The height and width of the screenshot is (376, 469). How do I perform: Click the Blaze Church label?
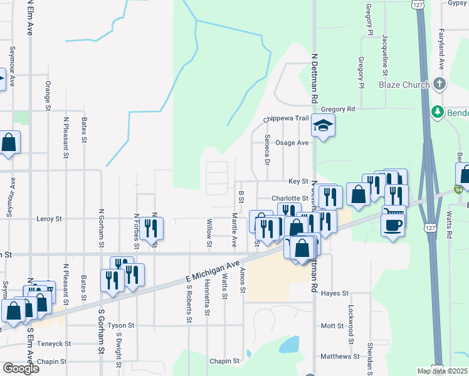(x=404, y=85)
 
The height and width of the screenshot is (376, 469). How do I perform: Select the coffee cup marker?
(x=393, y=225)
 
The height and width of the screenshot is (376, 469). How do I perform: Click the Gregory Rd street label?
(x=338, y=108)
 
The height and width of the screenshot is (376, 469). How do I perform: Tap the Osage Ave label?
(x=293, y=143)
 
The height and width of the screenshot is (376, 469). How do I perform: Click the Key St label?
(x=298, y=181)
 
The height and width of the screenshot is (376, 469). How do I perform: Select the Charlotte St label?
(x=290, y=198)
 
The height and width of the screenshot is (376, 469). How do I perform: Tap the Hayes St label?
(x=334, y=293)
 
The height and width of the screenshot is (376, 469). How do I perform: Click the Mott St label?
(x=332, y=326)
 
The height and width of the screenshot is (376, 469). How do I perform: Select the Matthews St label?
(x=339, y=356)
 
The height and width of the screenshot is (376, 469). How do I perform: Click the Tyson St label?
(x=121, y=326)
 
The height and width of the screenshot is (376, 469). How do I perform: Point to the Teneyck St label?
(x=54, y=344)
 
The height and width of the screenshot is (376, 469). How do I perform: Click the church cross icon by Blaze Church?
(x=440, y=84)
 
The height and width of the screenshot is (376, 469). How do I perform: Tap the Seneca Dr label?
(x=267, y=150)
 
